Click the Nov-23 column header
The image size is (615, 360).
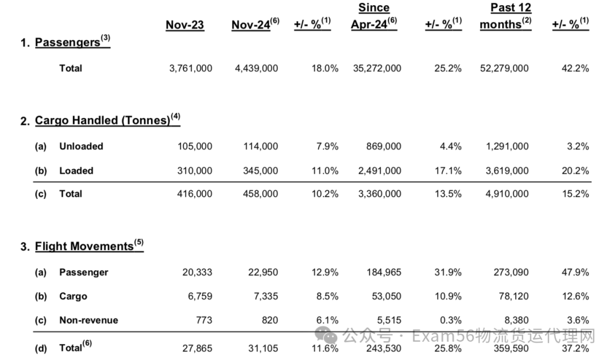[x=184, y=24]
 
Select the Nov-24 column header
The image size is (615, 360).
[x=255, y=24]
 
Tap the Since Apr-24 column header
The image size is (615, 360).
[x=374, y=16]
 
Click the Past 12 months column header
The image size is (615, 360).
[x=506, y=16]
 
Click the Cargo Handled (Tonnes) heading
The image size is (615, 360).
[x=108, y=120]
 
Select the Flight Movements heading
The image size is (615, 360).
[x=89, y=246]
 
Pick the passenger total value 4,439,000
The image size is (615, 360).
[x=256, y=68]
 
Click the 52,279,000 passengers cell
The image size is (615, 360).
[x=505, y=68]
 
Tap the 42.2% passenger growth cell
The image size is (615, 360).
[x=575, y=68]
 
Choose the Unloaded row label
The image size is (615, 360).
[x=81, y=146]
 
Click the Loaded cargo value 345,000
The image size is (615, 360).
[x=260, y=170]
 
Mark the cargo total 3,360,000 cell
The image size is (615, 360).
[x=380, y=194]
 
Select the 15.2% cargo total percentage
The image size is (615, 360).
[x=575, y=194]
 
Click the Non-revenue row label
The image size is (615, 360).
[x=89, y=320]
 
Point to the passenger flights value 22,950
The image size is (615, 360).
[x=263, y=272]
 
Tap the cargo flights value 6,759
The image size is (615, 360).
[x=200, y=296]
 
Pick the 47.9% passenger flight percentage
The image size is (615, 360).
[x=575, y=272]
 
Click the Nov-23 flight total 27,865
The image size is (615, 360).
[x=197, y=348]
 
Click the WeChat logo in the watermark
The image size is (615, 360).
[x=326, y=336]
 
